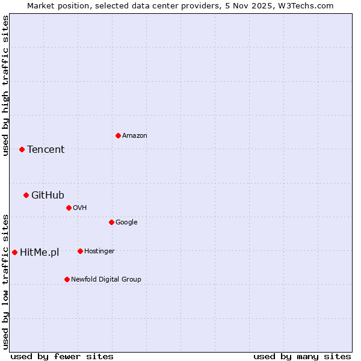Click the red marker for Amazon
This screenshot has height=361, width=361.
pyautogui.click(x=118, y=135)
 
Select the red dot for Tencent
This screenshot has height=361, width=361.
pyautogui.click(x=22, y=149)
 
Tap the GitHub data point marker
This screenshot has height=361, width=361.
pyautogui.click(x=26, y=195)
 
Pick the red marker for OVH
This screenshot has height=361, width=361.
pyautogui.click(x=69, y=208)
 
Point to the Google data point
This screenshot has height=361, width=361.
pyautogui.click(x=111, y=222)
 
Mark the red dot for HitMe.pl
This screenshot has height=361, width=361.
pyautogui.click(x=14, y=252)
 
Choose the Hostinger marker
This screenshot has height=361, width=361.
pyautogui.click(x=80, y=251)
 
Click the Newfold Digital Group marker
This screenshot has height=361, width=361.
pyautogui.click(x=67, y=279)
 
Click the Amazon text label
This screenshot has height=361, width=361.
pyautogui.click(x=135, y=136)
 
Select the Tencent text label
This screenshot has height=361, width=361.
pyautogui.click(x=46, y=150)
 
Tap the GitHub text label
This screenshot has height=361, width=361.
pyautogui.click(x=48, y=195)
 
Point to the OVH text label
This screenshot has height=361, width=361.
pyautogui.click(x=80, y=208)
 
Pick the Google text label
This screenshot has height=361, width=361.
pyautogui.click(x=126, y=223)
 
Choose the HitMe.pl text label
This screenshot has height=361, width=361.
pyautogui.click(x=40, y=253)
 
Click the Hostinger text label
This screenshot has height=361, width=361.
pyautogui.click(x=99, y=251)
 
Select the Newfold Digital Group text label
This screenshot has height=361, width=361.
pyautogui.click(x=106, y=280)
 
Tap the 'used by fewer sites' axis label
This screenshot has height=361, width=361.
pyautogui.click(x=62, y=356)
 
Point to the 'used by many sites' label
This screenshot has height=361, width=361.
pyautogui.click(x=302, y=356)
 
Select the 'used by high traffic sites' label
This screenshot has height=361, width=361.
pyautogui.click(x=5, y=85)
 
